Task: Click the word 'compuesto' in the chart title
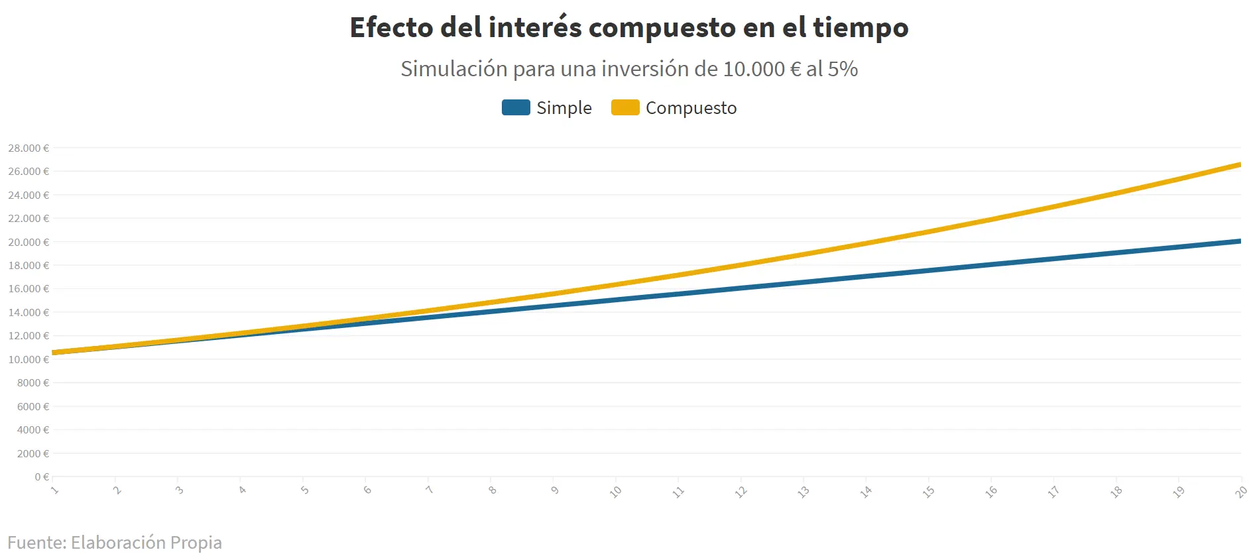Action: point(661,28)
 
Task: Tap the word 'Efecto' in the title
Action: point(391,28)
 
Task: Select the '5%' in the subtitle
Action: point(843,69)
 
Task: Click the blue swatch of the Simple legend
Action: point(516,107)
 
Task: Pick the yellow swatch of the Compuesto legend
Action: point(625,107)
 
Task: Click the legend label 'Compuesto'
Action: point(691,108)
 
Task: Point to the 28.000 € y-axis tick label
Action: point(29,148)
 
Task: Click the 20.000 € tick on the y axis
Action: point(29,243)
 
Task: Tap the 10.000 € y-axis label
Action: point(29,360)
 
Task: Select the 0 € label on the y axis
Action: point(42,477)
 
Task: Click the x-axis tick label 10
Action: point(616,492)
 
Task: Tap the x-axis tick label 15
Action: point(929,492)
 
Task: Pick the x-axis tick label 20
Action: point(1241,492)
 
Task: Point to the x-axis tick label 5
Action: point(304,490)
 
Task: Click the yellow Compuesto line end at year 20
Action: point(1238,165)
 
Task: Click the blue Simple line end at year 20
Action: point(1238,241)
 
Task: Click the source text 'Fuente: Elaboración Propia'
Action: point(115,542)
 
